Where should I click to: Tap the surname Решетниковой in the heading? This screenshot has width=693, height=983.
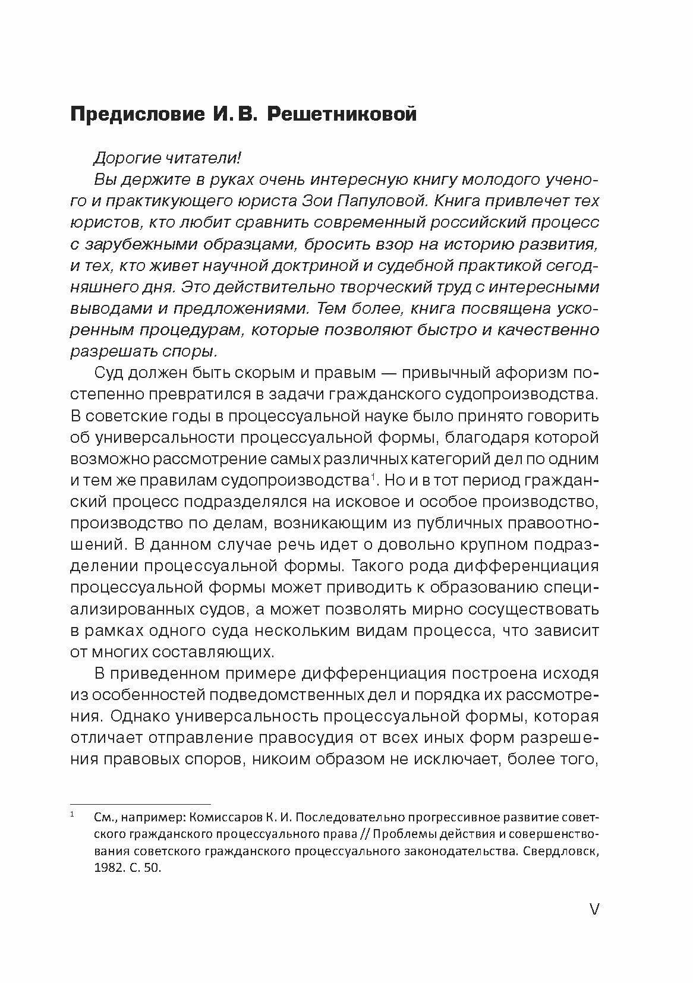pos(342,114)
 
